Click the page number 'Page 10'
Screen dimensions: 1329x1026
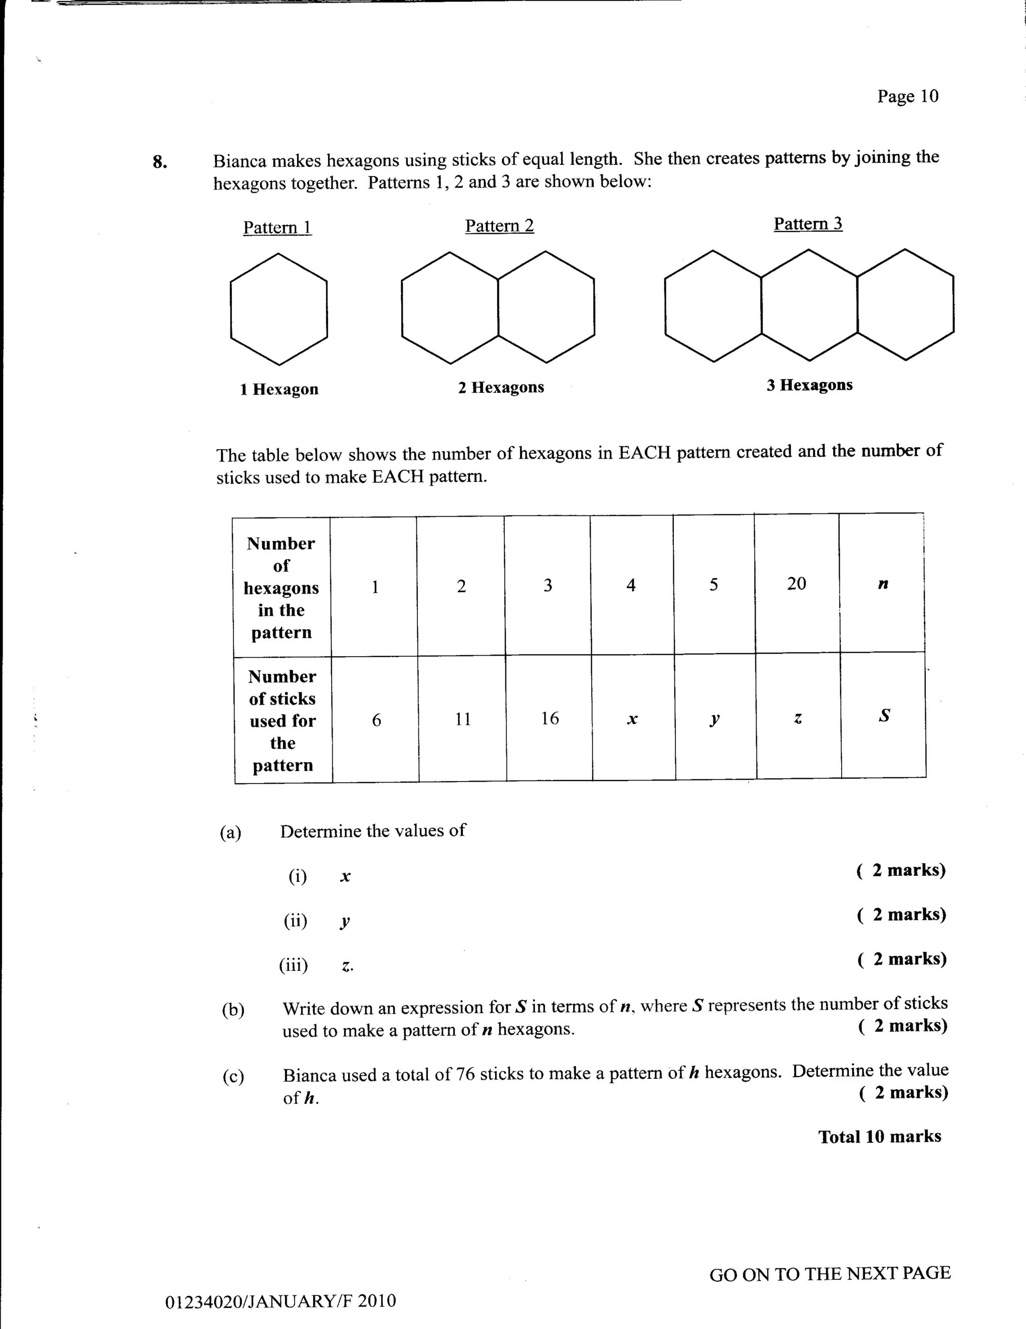[907, 96]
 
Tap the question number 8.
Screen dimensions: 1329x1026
[160, 162]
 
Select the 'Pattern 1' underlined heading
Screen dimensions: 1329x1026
[278, 228]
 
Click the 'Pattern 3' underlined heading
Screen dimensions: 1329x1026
[808, 224]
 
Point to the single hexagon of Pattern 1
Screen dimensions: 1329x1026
[279, 309]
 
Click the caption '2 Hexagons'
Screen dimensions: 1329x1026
[500, 387]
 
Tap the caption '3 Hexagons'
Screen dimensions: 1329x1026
[809, 385]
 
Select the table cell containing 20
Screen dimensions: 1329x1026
[796, 584]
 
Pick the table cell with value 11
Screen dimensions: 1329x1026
[463, 719]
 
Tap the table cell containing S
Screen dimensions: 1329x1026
[884, 715]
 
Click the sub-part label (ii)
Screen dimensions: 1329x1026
[296, 921]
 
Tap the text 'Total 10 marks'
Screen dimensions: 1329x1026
[879, 1136]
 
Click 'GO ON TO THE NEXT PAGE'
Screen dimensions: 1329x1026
[830, 1274]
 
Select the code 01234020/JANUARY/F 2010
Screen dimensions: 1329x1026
[281, 1301]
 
